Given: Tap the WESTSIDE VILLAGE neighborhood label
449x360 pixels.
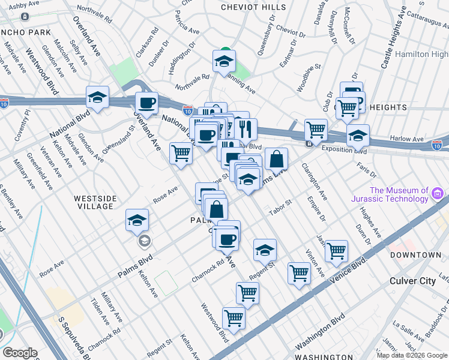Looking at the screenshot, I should (93, 202).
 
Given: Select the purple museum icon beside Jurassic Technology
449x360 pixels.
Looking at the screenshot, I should (438, 194).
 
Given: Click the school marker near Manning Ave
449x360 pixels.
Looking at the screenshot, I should (224, 61).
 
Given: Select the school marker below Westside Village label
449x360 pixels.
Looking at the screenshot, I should (137, 220).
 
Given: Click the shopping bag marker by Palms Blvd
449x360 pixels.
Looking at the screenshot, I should (276, 159).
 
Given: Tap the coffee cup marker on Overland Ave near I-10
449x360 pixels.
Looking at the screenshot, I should (146, 103).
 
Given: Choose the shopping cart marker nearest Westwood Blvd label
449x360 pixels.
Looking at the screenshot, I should (234, 317).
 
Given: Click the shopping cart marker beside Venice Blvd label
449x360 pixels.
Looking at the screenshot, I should (336, 250).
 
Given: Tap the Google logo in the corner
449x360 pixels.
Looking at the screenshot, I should (20, 353).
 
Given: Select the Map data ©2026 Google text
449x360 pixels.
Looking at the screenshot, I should (411, 355).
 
